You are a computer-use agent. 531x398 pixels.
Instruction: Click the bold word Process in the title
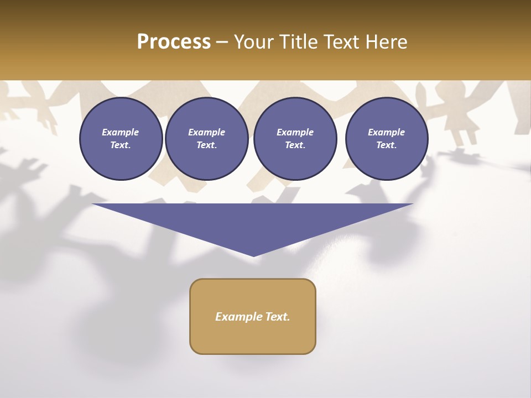[174, 42]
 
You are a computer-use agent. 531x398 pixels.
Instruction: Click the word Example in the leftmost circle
[121, 132]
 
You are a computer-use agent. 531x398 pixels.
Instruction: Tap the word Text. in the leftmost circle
[121, 145]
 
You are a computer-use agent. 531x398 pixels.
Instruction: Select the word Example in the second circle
[206, 132]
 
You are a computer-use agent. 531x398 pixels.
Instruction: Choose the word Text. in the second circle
[206, 145]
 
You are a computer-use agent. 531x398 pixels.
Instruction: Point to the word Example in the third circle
[295, 132]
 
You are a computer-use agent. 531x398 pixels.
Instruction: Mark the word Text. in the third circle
[295, 145]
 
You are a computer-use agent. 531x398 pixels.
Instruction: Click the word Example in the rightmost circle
[386, 132]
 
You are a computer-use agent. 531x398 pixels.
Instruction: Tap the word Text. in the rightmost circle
[386, 145]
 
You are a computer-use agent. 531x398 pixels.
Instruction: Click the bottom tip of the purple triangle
[253, 255]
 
